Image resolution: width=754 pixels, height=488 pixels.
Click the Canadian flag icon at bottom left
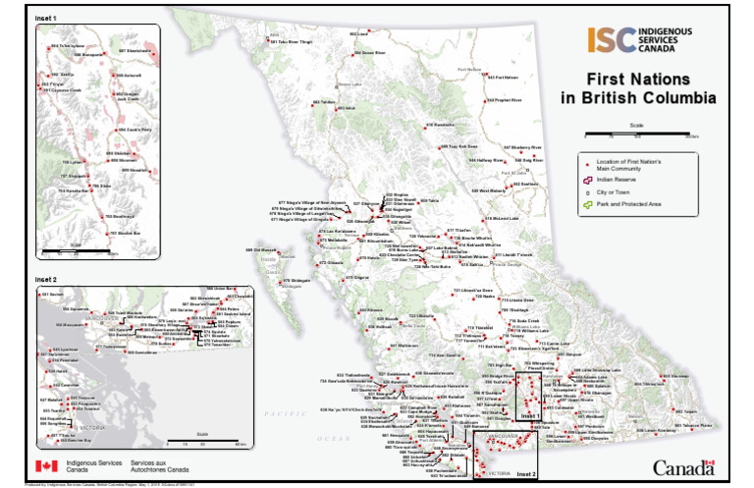point(46,466)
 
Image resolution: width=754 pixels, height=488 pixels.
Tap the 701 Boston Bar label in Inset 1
point(125,233)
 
